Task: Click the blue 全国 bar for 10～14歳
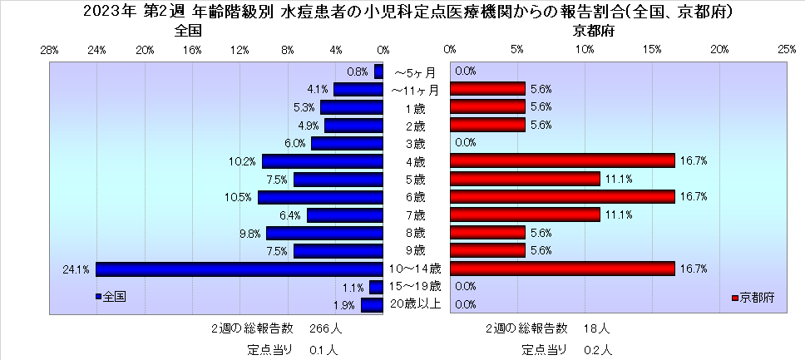point(240,269)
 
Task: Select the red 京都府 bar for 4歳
point(562,161)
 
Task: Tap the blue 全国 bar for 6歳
point(320,197)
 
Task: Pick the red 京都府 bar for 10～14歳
point(562,269)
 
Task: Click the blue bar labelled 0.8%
point(378,72)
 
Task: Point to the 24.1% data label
point(76,269)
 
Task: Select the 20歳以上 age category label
point(416,304)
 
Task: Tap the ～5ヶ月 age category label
point(416,72)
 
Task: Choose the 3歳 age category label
point(416,143)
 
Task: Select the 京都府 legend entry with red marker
point(753,298)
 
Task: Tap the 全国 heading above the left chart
point(188,31)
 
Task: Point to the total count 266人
point(325,329)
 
